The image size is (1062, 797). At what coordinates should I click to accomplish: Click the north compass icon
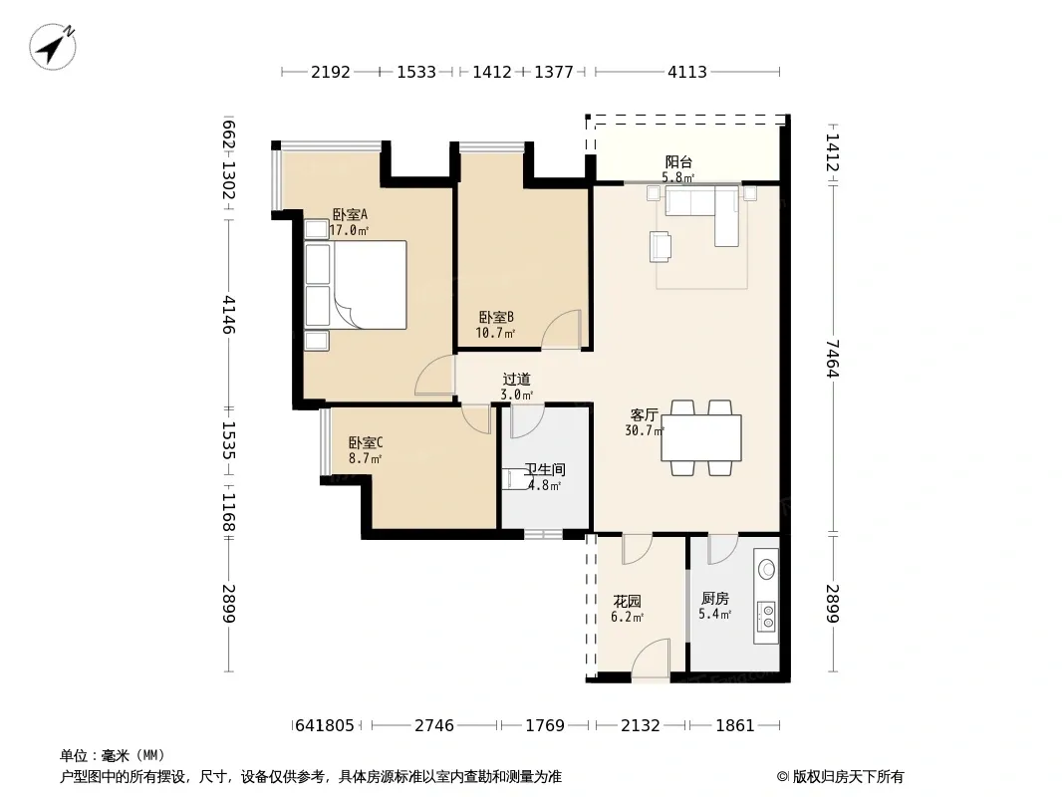click(x=52, y=46)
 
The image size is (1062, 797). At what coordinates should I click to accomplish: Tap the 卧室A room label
click(x=350, y=214)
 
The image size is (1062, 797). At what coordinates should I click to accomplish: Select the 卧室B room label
click(x=496, y=317)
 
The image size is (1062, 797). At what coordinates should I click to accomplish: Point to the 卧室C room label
click(x=366, y=443)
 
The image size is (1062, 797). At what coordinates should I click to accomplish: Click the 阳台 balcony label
click(x=678, y=161)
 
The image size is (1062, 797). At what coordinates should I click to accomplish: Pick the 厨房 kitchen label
click(x=715, y=599)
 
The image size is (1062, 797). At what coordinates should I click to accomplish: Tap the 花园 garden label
click(x=628, y=602)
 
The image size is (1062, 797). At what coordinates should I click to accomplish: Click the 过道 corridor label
click(x=517, y=380)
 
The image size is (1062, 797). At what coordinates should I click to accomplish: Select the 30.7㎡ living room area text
click(x=645, y=430)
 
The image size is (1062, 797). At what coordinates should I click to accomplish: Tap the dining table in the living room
click(x=701, y=438)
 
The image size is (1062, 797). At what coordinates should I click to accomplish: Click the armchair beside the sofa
click(x=661, y=246)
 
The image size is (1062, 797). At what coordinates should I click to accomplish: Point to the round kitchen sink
click(x=767, y=569)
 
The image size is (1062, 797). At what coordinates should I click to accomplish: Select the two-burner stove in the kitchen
click(x=767, y=617)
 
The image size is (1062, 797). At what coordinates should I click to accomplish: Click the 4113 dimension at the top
click(x=686, y=72)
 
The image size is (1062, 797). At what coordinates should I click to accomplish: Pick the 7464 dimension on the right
click(x=833, y=359)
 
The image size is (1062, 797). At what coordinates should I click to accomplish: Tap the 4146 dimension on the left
click(x=229, y=315)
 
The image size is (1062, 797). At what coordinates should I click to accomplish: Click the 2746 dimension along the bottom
click(x=434, y=726)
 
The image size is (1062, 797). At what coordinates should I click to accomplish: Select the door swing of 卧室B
click(x=562, y=330)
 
